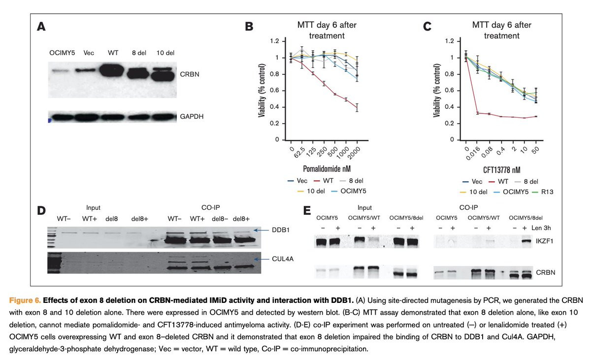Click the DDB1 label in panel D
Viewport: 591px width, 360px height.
277,229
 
